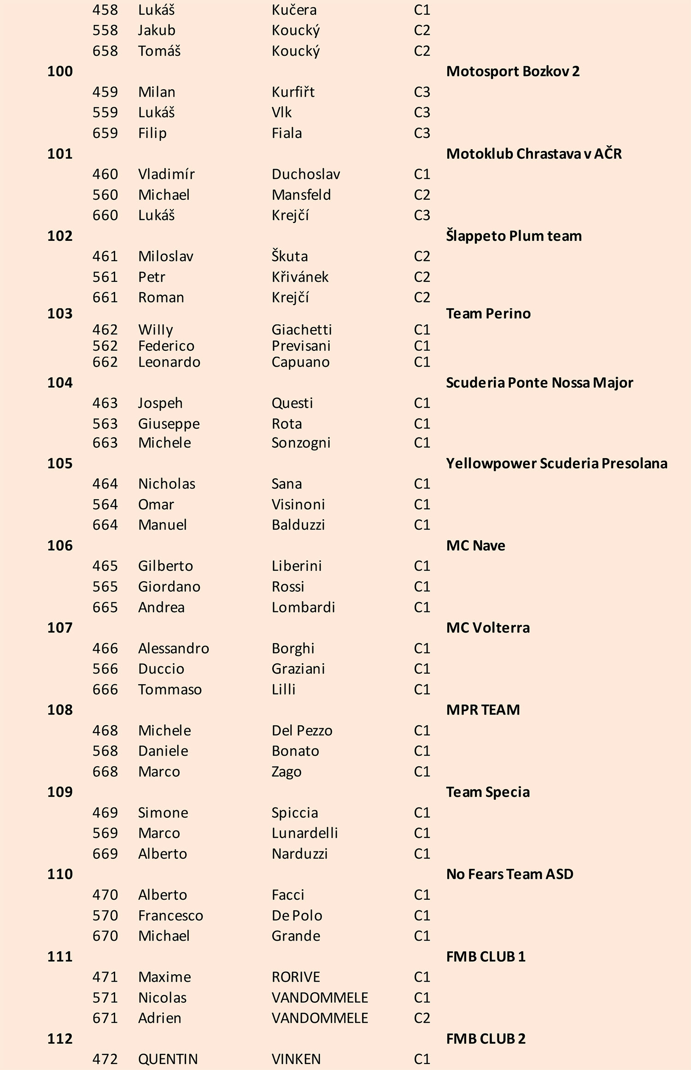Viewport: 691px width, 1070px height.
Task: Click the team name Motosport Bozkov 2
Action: (513, 71)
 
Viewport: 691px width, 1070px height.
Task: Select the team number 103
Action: (60, 314)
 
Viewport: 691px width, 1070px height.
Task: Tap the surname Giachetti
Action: (302, 330)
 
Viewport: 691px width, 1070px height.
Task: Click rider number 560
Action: (105, 195)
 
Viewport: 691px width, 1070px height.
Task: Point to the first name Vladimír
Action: (166, 174)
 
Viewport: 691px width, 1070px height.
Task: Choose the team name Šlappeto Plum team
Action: (514, 236)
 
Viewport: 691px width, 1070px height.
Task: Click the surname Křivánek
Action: (300, 277)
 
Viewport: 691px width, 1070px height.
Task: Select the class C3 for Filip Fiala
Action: (422, 133)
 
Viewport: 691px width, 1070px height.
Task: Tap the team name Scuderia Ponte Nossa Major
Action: (539, 383)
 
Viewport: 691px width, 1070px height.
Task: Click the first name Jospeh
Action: (160, 403)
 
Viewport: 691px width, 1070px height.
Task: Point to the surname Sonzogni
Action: (301, 442)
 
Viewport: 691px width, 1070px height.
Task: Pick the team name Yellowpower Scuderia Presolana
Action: (556, 463)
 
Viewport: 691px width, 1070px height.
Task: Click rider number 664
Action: (105, 525)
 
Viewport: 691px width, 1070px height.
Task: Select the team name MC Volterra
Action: (488, 628)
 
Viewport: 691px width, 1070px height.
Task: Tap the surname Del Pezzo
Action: (302, 730)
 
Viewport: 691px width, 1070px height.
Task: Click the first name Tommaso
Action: (170, 689)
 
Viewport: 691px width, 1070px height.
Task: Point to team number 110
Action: (60, 874)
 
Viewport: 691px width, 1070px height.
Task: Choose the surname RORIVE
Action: (296, 977)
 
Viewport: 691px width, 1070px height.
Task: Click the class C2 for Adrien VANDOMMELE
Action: (422, 1018)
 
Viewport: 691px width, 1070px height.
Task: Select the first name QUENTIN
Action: (168, 1059)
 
